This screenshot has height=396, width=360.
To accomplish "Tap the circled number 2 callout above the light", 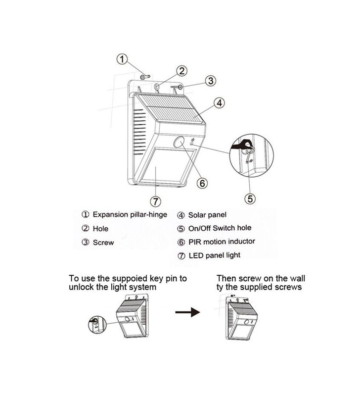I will tap(182, 70).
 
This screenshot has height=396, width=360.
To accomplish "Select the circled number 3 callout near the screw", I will tap(211, 81).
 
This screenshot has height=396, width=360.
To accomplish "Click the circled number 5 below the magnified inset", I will tap(250, 198).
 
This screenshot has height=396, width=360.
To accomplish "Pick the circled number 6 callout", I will tap(202, 183).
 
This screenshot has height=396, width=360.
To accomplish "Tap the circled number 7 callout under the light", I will tap(155, 201).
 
